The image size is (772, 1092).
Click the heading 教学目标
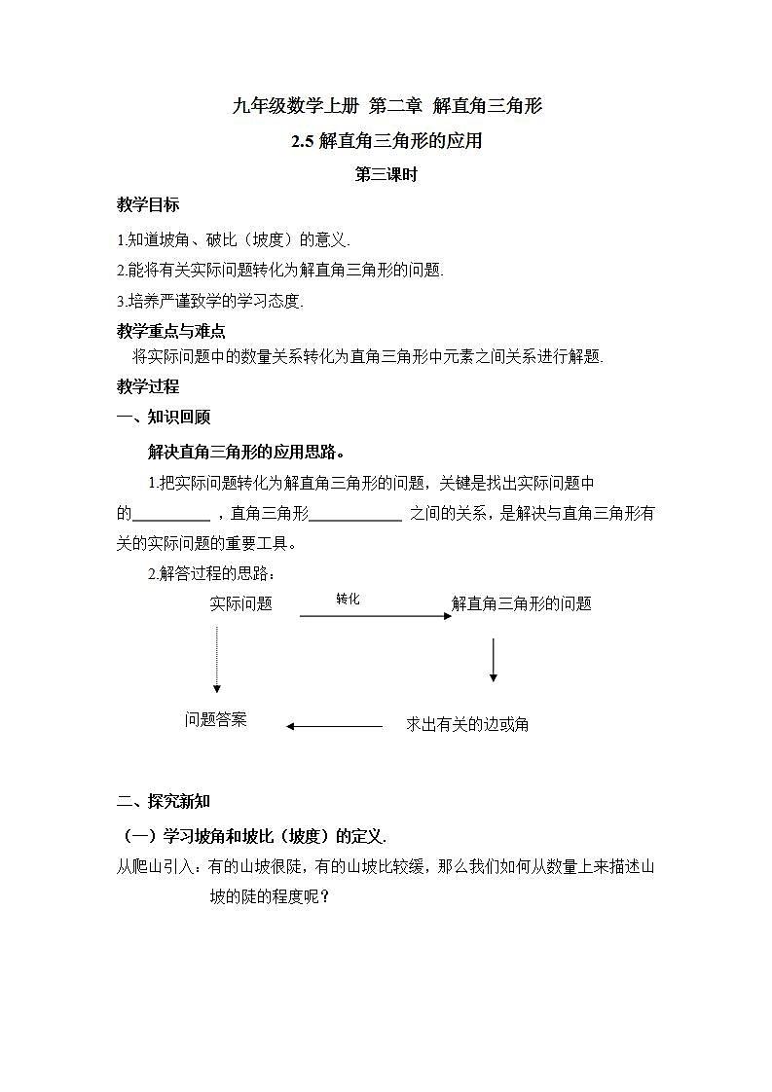click(148, 205)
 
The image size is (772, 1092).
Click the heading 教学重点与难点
click(170, 331)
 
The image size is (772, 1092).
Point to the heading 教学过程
click(148, 386)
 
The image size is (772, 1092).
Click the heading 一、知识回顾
click(164, 418)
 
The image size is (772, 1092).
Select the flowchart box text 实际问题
click(240, 603)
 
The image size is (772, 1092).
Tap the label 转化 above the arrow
click(348, 599)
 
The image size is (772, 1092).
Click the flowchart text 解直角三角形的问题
click(522, 603)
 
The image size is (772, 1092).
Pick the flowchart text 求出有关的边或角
click(467, 724)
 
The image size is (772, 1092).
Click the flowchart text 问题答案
click(216, 720)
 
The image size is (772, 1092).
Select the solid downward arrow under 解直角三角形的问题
click(494, 660)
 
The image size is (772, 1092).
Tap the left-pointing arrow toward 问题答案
click(334, 725)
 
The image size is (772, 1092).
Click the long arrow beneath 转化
click(375, 616)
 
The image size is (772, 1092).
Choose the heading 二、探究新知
click(164, 802)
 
